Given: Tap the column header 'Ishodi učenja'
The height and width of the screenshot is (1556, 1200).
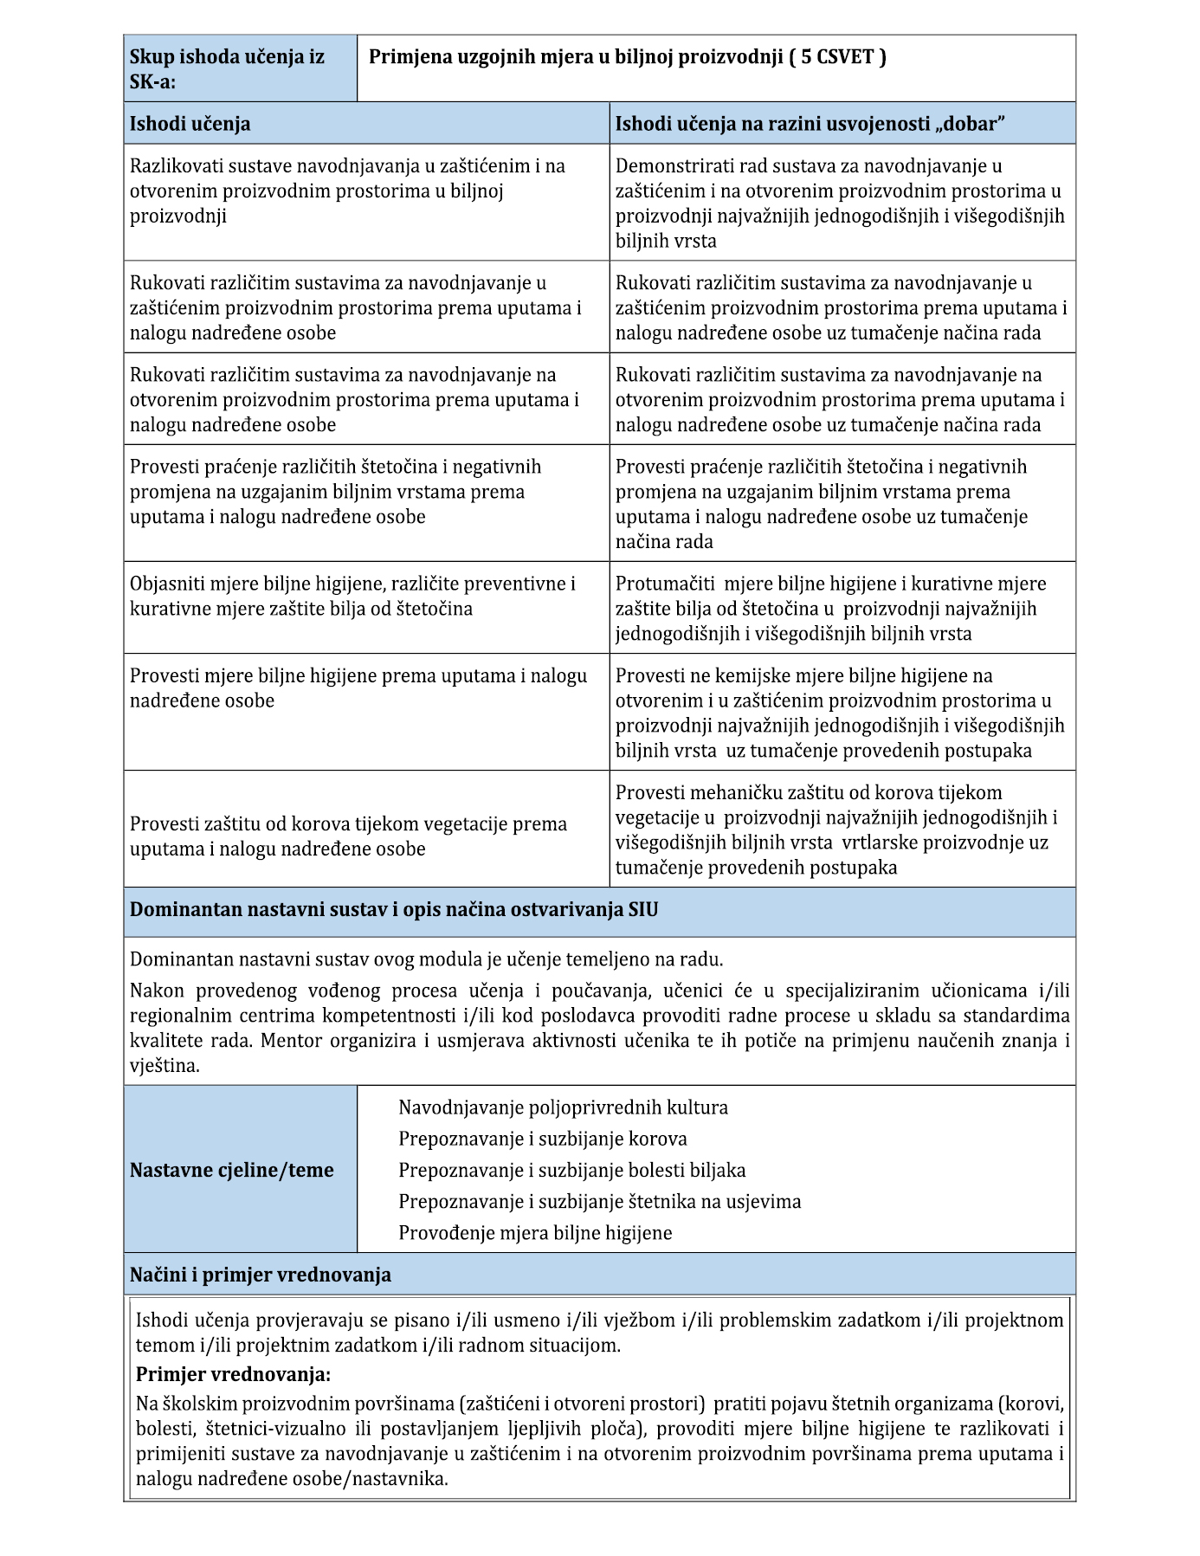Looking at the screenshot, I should (x=190, y=124).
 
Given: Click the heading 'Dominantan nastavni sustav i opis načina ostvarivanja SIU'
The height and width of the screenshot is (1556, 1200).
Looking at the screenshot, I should (x=394, y=910).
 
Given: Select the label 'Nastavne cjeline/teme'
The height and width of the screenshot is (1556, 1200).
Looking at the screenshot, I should (x=231, y=1171).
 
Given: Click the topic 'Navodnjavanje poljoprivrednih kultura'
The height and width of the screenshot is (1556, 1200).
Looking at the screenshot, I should (x=563, y=1107).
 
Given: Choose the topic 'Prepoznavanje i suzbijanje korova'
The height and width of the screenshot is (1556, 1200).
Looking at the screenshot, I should (x=543, y=1139).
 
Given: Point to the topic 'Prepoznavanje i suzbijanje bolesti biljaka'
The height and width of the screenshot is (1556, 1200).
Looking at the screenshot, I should (x=571, y=1171).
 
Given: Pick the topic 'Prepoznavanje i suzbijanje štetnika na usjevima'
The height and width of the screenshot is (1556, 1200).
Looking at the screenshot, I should (x=599, y=1202).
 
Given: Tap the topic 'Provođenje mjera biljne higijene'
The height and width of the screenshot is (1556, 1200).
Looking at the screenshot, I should (x=535, y=1233).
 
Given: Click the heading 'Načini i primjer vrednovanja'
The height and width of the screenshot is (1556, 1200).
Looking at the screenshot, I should (x=260, y=1275).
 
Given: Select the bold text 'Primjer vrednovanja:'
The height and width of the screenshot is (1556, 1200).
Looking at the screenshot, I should (x=234, y=1374).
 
